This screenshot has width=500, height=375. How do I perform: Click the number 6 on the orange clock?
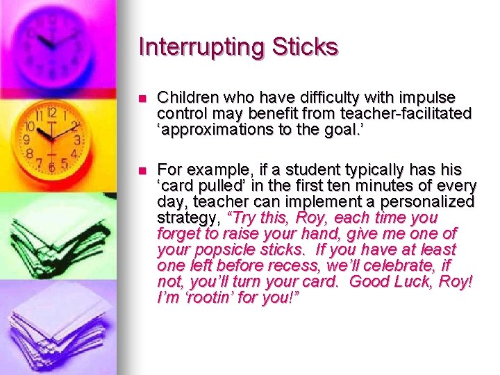pyautogui.click(x=51, y=167)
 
